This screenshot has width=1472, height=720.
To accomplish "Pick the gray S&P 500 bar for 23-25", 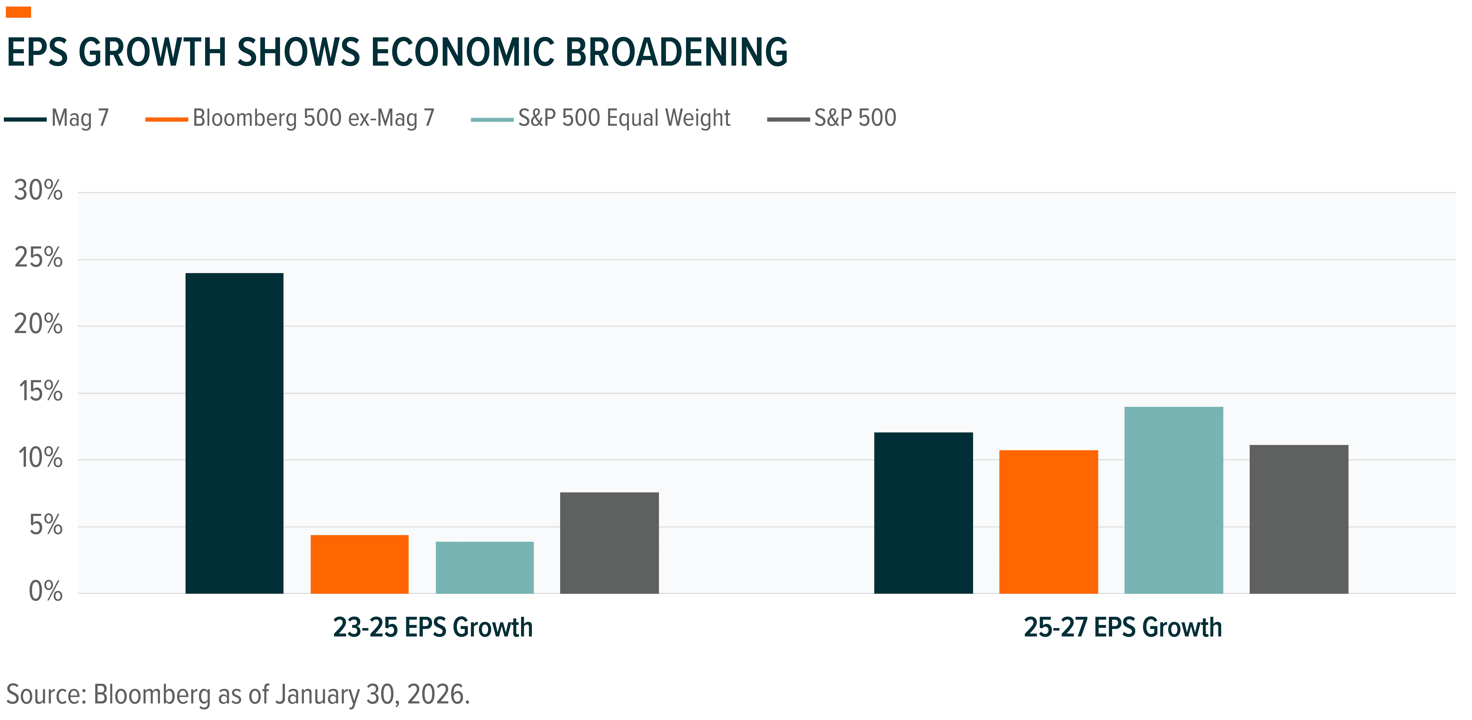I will pos(609,543).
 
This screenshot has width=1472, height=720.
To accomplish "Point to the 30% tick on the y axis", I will pos(38,190).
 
